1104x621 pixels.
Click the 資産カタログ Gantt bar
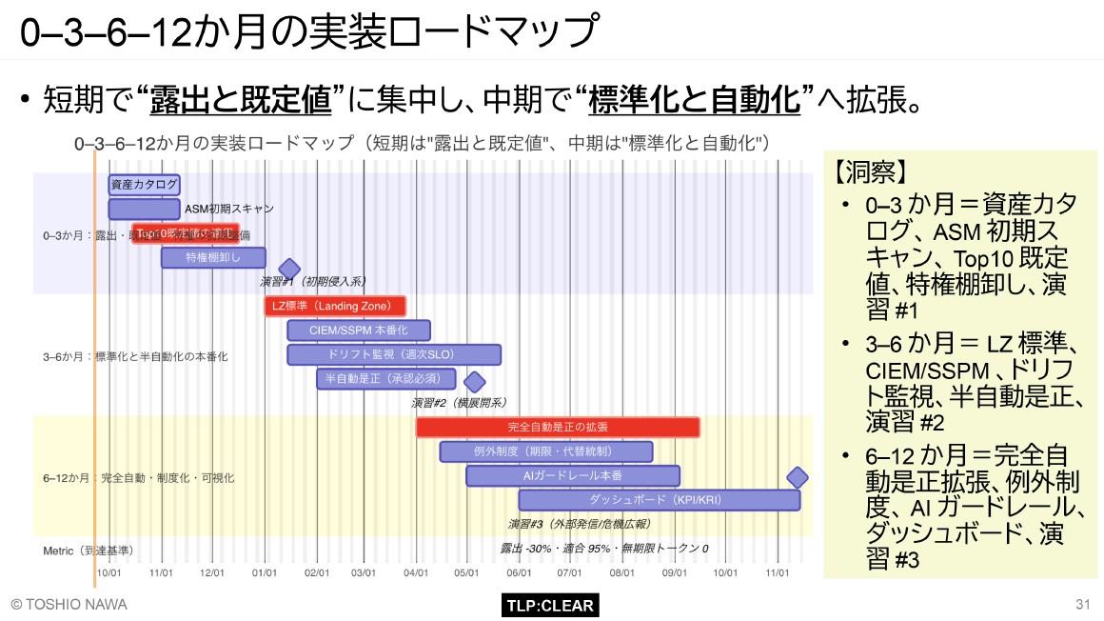144,184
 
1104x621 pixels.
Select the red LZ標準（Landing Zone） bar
335,306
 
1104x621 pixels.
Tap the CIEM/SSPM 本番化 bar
359,331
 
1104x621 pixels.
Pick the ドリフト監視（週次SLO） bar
394,354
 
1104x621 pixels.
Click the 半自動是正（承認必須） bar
385,379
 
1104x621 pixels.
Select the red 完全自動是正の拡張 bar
558,428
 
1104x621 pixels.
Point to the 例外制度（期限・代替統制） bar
546,451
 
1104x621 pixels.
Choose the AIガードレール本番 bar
573,475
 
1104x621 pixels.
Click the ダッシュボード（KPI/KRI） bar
659,499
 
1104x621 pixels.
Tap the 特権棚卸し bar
213,257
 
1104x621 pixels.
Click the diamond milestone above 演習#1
288,270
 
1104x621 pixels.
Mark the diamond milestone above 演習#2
474,382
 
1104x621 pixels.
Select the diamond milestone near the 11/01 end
798,477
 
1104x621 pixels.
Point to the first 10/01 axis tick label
108,572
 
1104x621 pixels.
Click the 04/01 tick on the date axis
416,572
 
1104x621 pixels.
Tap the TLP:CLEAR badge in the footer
550,606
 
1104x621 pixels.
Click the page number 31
1082,605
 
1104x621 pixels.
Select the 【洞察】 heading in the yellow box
869,172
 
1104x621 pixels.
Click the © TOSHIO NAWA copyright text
69,605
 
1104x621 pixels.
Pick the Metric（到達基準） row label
88,550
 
